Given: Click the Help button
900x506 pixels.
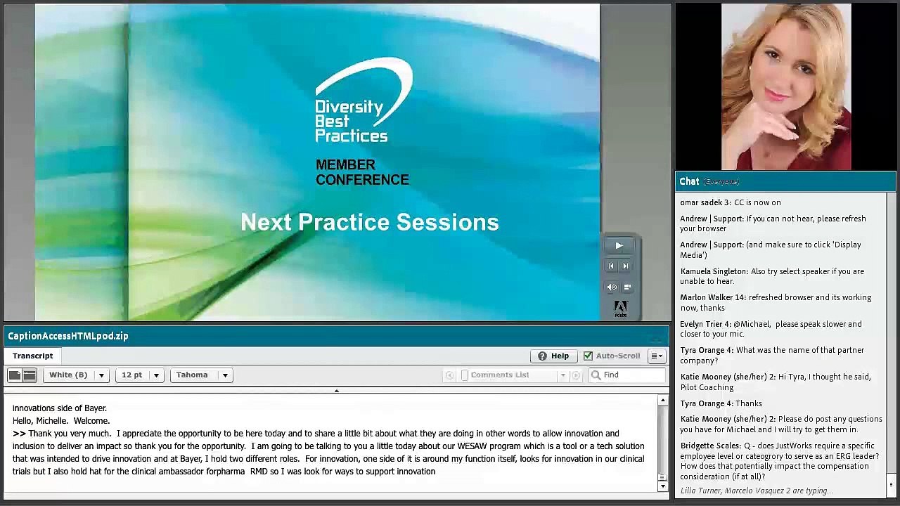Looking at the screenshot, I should click(553, 356).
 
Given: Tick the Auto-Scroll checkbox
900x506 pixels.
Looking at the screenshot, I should click(588, 356).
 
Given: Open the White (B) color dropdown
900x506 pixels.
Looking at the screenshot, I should click(76, 375).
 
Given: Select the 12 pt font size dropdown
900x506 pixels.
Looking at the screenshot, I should click(139, 375).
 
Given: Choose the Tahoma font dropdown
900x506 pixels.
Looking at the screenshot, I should click(201, 375).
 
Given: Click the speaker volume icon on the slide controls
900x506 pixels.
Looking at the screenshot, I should click(612, 287).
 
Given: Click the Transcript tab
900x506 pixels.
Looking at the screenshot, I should click(32, 356).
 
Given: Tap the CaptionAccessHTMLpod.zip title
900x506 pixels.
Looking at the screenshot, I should click(68, 336).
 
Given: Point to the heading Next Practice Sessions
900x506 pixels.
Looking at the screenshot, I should click(369, 222).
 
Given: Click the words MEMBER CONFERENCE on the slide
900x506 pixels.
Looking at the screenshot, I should click(361, 172).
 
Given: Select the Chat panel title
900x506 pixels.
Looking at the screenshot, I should click(689, 181).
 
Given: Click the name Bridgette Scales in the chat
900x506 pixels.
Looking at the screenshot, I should click(710, 446).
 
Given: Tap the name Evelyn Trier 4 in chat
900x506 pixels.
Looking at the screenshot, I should click(705, 324).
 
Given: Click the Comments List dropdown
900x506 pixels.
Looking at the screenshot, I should click(513, 375).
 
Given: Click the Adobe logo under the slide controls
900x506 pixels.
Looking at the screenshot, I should click(620, 308).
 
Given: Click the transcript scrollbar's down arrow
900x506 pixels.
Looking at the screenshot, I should click(662, 486).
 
